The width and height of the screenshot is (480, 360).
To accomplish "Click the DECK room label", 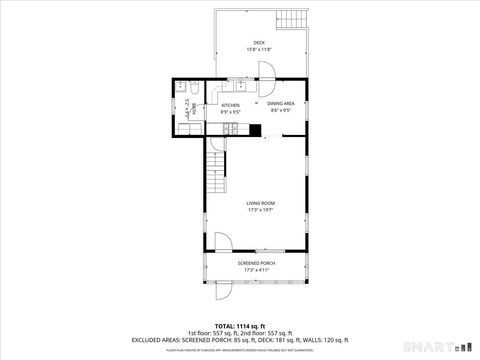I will click(x=259, y=42).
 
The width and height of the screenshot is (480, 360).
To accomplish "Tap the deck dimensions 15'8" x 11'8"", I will click(x=259, y=49).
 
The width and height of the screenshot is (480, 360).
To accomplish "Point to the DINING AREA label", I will click(x=280, y=104).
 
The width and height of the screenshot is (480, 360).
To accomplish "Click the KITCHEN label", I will click(x=230, y=105).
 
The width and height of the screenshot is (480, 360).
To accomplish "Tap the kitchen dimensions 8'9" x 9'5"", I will click(x=230, y=112).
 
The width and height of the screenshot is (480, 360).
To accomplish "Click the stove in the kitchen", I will click(x=232, y=128).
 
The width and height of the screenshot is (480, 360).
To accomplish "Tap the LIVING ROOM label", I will click(x=259, y=203).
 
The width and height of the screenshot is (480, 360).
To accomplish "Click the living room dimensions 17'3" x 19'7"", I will click(x=259, y=210).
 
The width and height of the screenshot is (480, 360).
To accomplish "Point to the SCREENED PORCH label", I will click(x=255, y=263).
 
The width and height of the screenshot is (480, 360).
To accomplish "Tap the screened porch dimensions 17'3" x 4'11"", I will click(x=255, y=270).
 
